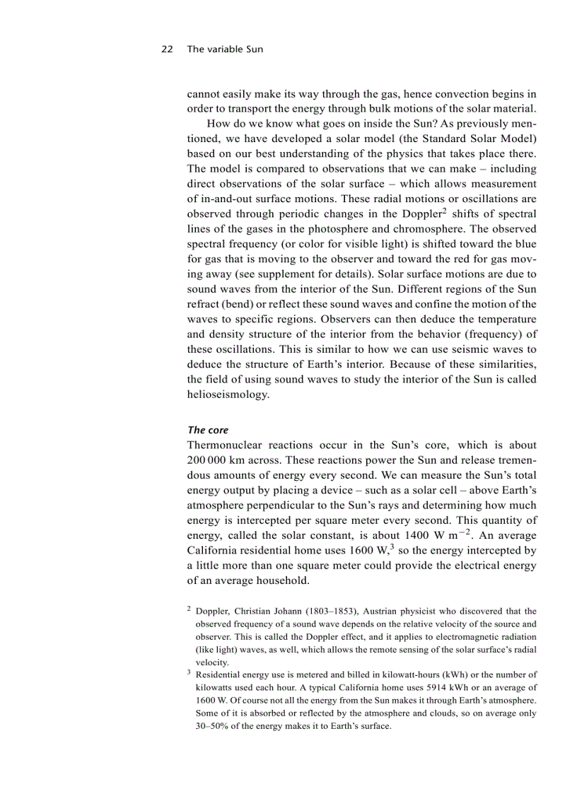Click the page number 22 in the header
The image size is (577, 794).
(167, 49)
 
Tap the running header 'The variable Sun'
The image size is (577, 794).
(225, 49)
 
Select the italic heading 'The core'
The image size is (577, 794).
(208, 430)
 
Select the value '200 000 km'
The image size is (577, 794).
(218, 460)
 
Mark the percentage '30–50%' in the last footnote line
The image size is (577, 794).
(211, 725)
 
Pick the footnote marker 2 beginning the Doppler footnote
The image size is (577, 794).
(189, 608)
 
